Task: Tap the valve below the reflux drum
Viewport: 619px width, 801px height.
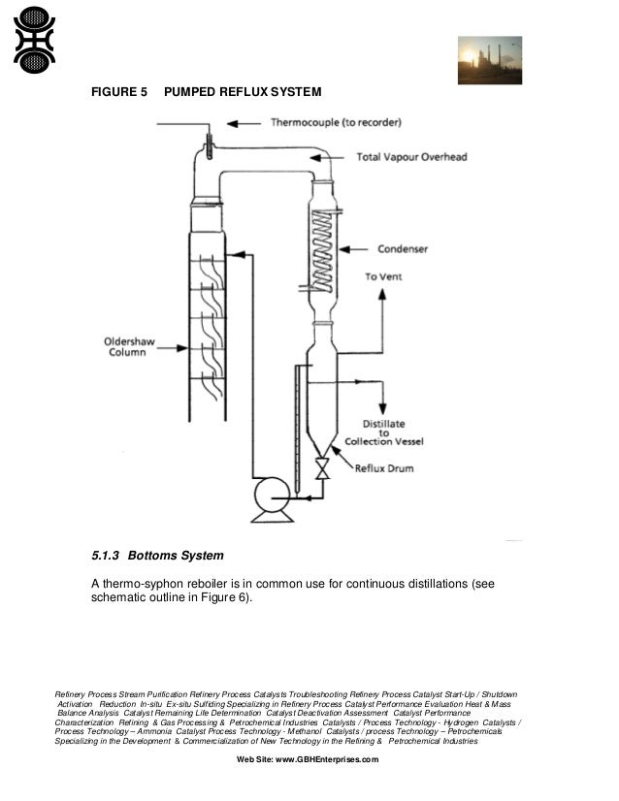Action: [323, 471]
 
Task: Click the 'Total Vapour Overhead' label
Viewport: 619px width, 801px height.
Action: [409, 156]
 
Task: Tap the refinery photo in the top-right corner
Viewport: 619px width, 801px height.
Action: [489, 60]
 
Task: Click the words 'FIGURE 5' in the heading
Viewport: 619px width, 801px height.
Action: [118, 92]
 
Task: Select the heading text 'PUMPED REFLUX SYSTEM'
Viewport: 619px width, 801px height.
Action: [243, 92]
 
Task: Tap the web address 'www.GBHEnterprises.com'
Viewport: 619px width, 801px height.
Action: [327, 759]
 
